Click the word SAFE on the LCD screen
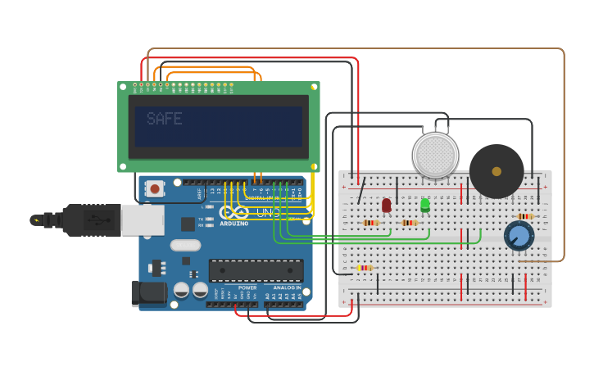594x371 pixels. tap(164, 120)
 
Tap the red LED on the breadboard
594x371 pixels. tap(387, 205)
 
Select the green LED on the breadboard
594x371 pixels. tap(425, 205)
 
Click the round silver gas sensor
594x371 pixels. tap(435, 155)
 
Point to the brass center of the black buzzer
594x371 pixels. tap(497, 171)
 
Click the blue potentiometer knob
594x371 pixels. tap(518, 236)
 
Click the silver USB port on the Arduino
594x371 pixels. tap(142, 219)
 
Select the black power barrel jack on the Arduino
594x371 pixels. tap(148, 294)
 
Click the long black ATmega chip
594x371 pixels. tap(256, 270)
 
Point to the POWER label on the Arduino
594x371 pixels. tap(247, 288)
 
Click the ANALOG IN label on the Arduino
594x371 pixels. tap(286, 288)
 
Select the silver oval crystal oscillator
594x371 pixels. tap(186, 245)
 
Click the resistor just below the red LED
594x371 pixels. tap(371, 223)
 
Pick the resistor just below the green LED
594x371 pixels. tap(409, 223)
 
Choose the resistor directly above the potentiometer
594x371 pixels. tap(525, 216)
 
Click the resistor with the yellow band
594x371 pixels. tap(365, 268)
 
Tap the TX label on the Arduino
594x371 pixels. tap(202, 219)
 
